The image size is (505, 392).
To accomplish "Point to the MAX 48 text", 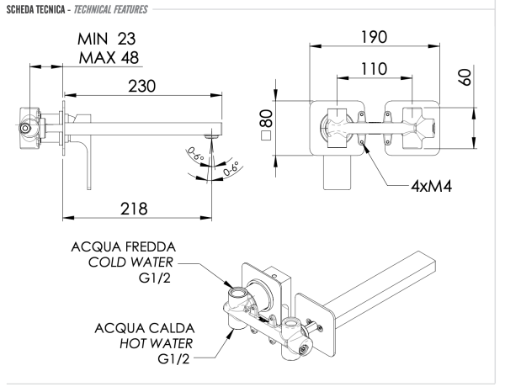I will [x=105, y=58].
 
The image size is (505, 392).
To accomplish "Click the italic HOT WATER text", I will [x=139, y=344].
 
